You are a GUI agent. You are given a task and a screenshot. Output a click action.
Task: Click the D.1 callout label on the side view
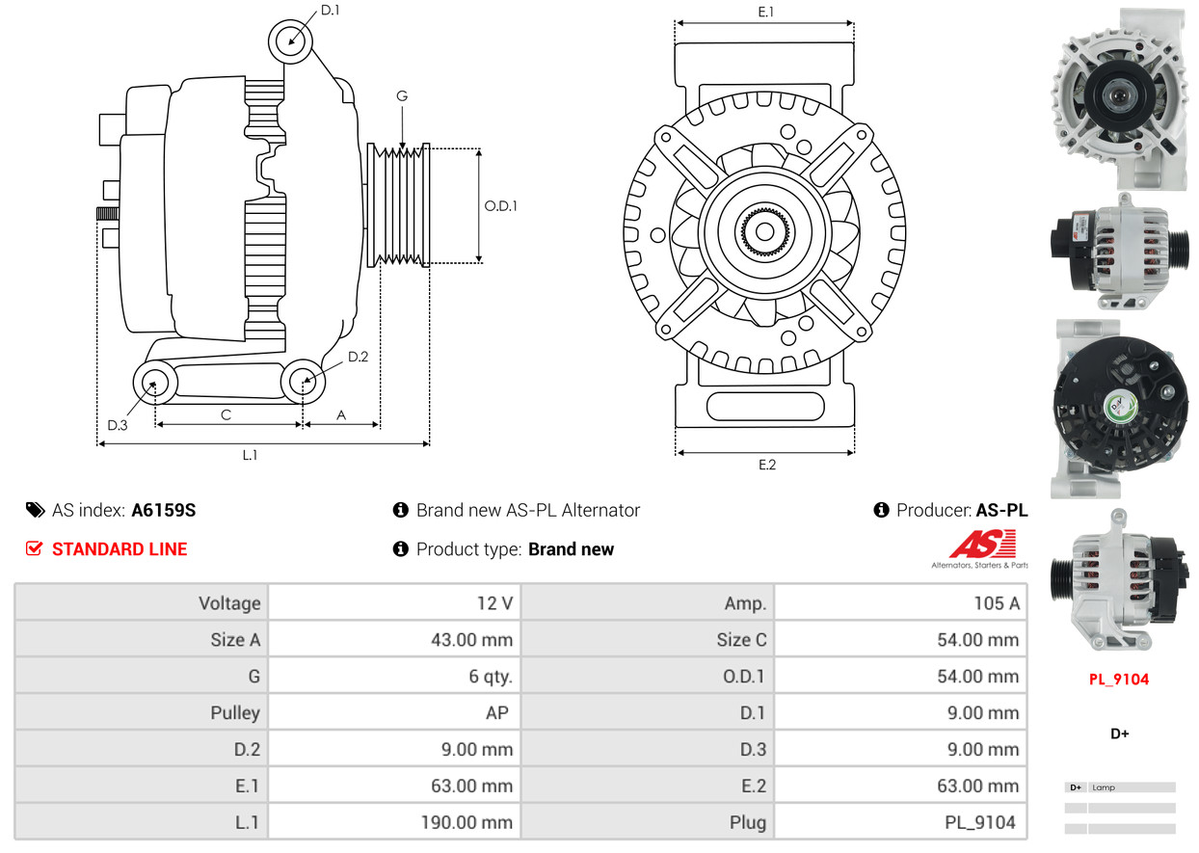click(330, 11)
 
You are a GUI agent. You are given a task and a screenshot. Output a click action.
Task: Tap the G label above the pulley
click(402, 96)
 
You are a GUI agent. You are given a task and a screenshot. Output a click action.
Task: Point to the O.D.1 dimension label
click(501, 205)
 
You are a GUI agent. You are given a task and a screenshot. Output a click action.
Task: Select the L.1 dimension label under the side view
click(250, 456)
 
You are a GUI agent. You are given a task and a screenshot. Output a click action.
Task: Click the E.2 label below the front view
click(766, 466)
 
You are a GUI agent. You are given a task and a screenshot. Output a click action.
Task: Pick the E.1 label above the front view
click(766, 13)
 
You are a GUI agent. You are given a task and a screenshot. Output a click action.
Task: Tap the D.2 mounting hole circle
click(304, 382)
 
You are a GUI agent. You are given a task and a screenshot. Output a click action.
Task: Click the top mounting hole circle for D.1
click(290, 40)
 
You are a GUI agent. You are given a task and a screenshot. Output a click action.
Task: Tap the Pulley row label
click(235, 713)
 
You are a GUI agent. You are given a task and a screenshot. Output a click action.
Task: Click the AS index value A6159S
click(164, 511)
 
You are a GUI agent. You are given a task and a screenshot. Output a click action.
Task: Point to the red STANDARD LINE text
click(120, 549)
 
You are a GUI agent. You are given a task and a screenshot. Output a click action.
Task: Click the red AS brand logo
click(982, 546)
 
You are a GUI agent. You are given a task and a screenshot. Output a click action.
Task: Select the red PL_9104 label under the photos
click(1119, 680)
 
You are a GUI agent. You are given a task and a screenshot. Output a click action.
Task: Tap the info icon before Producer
click(881, 510)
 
